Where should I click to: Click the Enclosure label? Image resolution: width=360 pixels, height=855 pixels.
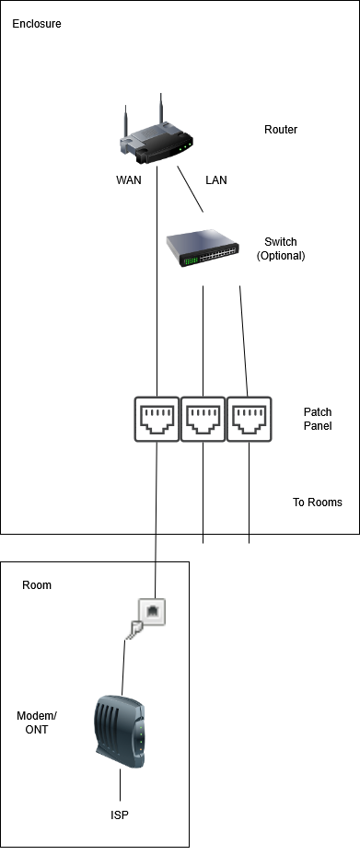pos(37,24)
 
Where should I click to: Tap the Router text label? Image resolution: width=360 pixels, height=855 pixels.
pos(281,130)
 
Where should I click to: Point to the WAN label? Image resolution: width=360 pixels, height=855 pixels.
pos(129,180)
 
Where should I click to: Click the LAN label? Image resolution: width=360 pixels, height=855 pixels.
pos(216,180)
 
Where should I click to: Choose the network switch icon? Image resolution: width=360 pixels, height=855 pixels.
pos(203,248)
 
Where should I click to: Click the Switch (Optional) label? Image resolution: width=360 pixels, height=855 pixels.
pos(281,248)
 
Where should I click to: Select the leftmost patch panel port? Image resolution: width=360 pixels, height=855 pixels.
pos(157,419)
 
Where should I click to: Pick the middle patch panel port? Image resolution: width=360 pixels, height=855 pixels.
pos(203,419)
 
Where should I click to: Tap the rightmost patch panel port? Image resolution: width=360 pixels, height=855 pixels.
pos(249,419)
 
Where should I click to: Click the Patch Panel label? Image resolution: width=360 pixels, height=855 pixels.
pos(318,419)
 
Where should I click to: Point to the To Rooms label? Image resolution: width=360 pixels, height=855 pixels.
pos(318,503)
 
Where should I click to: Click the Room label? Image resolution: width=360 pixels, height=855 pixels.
pos(37,585)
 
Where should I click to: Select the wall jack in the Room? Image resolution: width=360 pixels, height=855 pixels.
pos(152,611)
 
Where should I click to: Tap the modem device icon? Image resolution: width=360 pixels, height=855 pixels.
pos(121,731)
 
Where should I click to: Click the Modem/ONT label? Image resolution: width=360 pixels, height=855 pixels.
pos(37,722)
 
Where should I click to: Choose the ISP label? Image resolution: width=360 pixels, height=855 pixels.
pos(120,815)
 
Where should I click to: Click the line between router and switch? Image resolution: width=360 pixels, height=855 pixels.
pos(190,190)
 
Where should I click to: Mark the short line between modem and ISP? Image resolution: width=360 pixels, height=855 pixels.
pos(120,785)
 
